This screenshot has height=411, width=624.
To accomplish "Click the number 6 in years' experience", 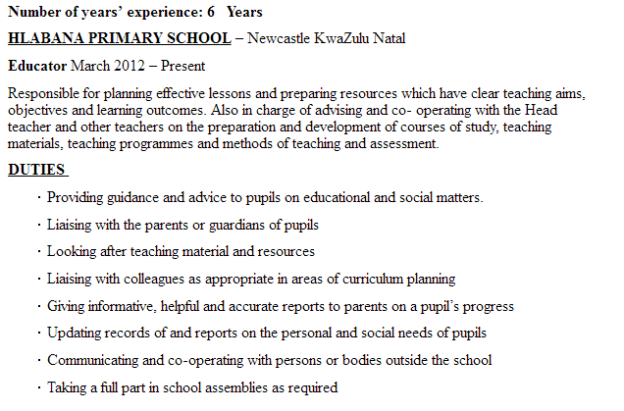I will point(209,12).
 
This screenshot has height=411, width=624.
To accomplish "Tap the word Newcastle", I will point(281,38).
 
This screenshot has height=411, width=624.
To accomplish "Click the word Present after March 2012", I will point(183,66).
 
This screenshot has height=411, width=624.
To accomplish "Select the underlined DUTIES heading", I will point(36,170).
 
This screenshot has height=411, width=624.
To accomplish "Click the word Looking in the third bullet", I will point(72,252).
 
